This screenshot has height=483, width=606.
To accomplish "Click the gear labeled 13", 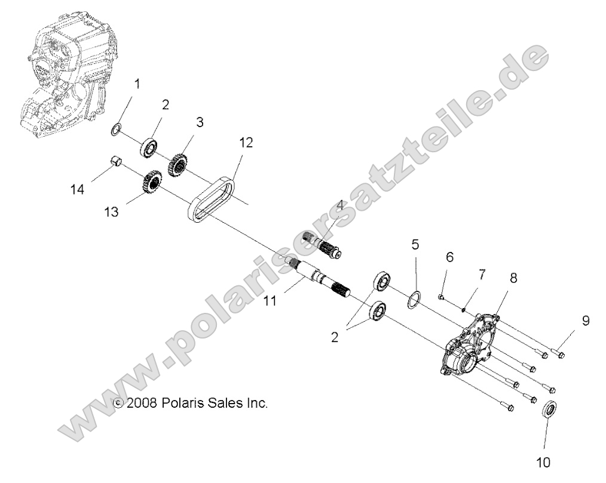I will click(x=152, y=181).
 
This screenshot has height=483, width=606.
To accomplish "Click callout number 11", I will click(x=270, y=301).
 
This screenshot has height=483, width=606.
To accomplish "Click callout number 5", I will click(x=415, y=244).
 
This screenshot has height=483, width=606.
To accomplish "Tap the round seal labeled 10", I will click(x=549, y=411).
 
